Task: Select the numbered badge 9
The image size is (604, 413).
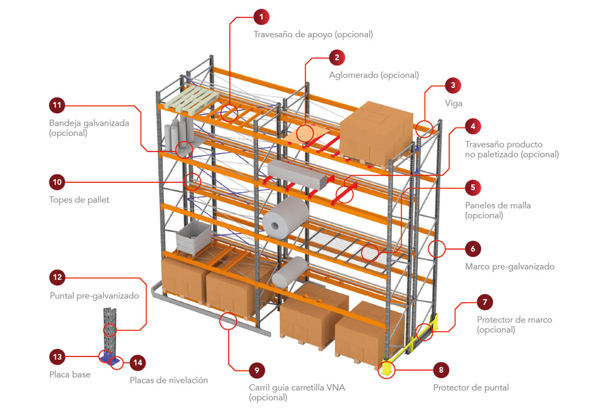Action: tap(257, 371)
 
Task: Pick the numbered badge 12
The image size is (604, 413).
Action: tap(58, 277)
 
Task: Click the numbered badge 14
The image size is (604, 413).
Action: tap(137, 363)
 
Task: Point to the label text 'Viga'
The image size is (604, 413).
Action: tap(454, 103)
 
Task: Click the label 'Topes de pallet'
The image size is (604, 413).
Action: tap(79, 199)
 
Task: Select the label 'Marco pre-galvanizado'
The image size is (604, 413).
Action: tap(510, 266)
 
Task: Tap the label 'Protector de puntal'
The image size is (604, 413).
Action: tap(471, 388)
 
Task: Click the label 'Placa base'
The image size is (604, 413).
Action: tap(70, 374)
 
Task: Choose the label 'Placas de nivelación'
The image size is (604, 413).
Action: tap(169, 380)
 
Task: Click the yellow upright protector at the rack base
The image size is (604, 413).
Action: tap(386, 368)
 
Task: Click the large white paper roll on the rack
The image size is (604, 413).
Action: tap(285, 217)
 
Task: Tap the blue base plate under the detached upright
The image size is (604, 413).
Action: tap(107, 357)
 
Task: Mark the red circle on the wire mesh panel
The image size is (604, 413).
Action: tap(370, 252)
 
